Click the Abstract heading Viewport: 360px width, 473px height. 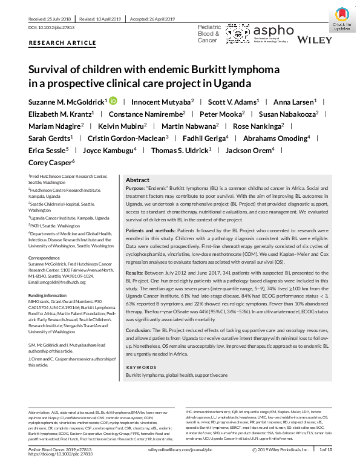point(137,180)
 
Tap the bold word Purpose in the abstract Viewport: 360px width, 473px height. point(136,189)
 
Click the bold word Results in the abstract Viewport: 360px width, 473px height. point(135,273)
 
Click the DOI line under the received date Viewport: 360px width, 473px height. point(53,28)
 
